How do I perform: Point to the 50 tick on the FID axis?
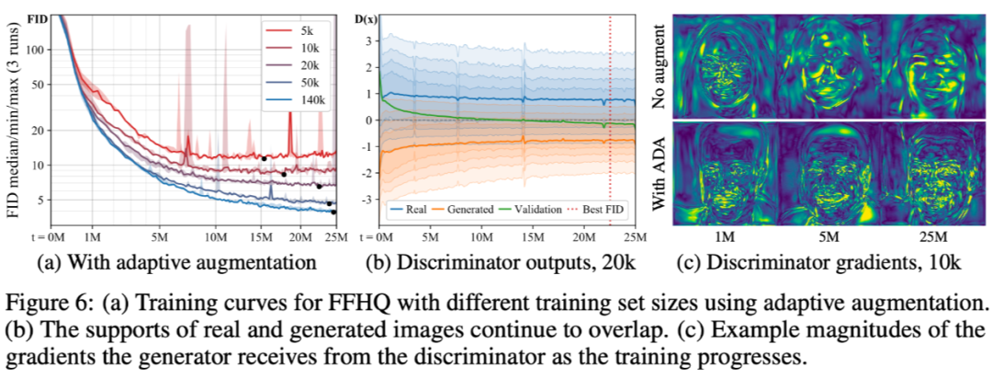click(39, 85)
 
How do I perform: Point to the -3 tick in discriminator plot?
click(369, 200)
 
